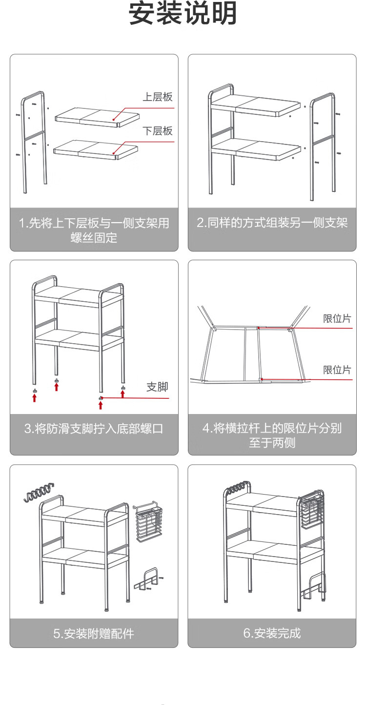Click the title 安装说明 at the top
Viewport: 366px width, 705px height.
click(x=183, y=14)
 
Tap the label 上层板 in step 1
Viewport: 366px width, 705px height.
click(x=157, y=97)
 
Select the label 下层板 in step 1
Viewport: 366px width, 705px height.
click(x=157, y=131)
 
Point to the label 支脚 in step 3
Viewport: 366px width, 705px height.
click(x=157, y=387)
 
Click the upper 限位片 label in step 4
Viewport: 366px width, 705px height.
click(x=337, y=319)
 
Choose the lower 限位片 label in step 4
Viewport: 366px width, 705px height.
click(x=337, y=370)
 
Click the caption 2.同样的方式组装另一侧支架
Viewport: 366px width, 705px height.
click(x=272, y=223)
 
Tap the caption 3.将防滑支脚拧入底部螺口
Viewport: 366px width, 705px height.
click(x=94, y=429)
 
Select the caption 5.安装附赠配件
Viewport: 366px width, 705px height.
click(x=94, y=634)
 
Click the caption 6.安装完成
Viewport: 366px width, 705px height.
click(x=272, y=633)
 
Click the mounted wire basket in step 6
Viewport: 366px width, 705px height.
click(x=311, y=512)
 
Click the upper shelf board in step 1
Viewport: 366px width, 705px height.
click(x=97, y=117)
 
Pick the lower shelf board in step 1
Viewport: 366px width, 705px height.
click(x=96, y=149)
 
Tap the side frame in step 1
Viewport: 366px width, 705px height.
click(x=33, y=142)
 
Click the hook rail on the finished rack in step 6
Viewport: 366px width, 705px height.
click(x=236, y=487)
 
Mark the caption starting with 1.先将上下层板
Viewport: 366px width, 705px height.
click(x=94, y=230)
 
